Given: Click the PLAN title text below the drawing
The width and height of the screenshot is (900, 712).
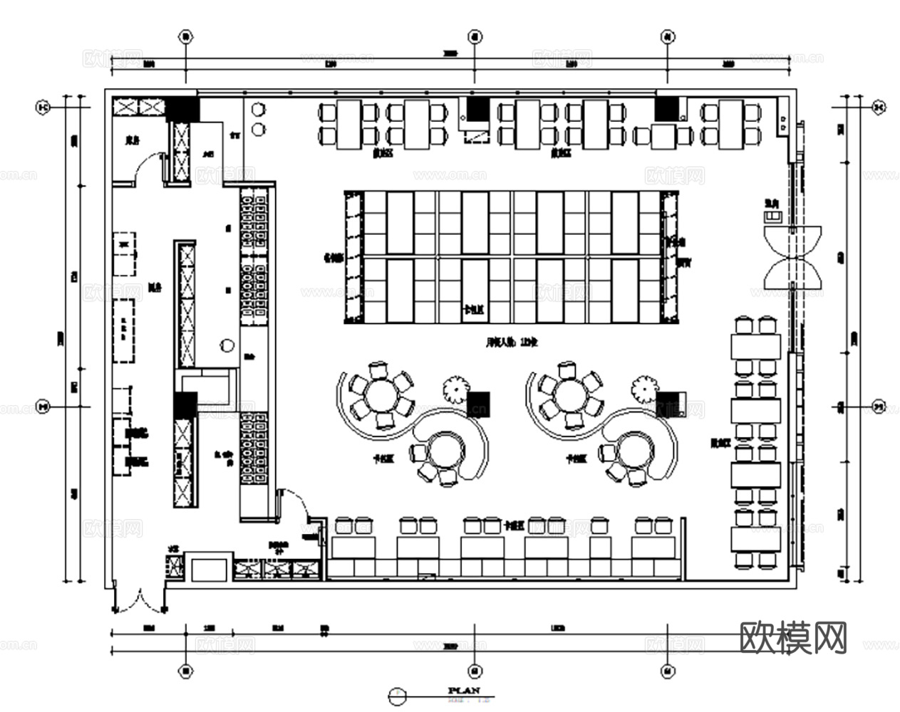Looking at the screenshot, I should (464, 690).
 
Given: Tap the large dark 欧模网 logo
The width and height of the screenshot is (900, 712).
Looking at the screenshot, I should (794, 637).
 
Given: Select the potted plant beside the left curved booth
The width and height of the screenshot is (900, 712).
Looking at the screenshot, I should (455, 389).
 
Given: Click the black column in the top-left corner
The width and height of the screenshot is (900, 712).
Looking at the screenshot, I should (182, 108).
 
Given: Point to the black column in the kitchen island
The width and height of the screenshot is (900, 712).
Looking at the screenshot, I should (185, 404).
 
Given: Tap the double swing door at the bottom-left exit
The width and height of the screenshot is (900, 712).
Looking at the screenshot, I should (140, 600).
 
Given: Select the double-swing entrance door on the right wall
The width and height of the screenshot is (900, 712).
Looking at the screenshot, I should (792, 257).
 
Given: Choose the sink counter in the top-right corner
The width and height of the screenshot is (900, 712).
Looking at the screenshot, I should (782, 116).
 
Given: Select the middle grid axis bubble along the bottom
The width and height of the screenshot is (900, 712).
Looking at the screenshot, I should (475, 670).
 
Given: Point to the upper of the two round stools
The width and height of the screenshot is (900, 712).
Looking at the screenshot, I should (258, 109).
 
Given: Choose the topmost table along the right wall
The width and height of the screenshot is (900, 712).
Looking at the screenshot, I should (755, 346).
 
